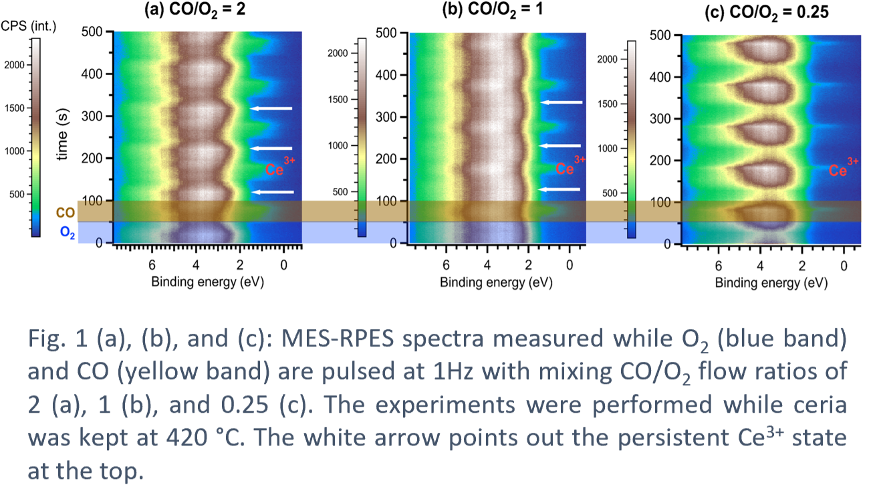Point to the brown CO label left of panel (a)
point(64,212)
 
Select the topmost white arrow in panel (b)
point(561,102)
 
